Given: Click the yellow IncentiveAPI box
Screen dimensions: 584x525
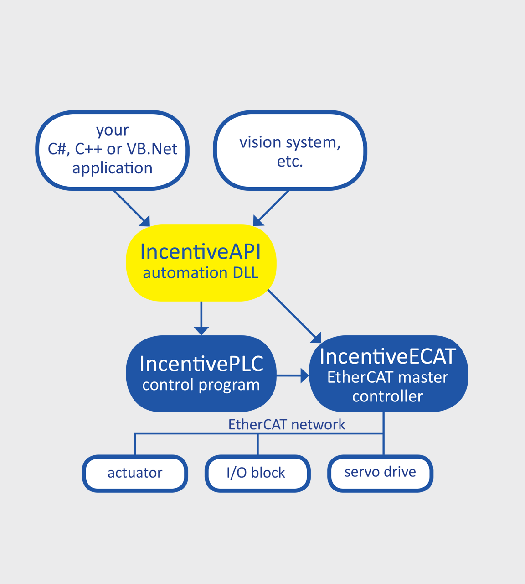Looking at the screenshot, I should (x=201, y=262).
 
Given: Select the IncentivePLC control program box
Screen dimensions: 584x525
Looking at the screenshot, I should (x=201, y=374).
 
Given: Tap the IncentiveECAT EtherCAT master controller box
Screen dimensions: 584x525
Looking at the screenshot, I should (x=388, y=374).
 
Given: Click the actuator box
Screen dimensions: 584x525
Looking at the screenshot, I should (x=135, y=473).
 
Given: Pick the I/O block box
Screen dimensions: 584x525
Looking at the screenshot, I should (x=257, y=473).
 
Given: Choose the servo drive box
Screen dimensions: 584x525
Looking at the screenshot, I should (x=380, y=473).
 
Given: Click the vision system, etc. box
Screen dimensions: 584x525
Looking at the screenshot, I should (x=290, y=151).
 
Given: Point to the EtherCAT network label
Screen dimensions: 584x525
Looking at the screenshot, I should (x=286, y=424).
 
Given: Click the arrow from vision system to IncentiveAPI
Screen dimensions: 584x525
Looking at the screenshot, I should (x=271, y=208).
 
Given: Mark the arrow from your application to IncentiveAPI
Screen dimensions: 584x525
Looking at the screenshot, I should (x=131, y=208).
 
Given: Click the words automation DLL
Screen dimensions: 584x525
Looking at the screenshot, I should (x=201, y=273).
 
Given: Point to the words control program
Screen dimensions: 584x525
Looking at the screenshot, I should (x=201, y=385).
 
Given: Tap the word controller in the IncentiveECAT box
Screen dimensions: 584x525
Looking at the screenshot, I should (x=387, y=396).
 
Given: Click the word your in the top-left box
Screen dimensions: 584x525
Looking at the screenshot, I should (x=113, y=130).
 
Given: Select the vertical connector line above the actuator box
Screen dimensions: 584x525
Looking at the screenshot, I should (x=135, y=444).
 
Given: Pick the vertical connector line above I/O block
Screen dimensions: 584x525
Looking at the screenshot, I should (x=257, y=444).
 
